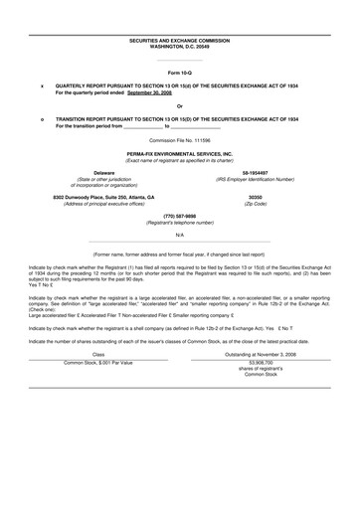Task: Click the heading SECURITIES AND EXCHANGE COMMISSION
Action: pos(180,40)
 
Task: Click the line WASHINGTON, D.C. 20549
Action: pos(180,46)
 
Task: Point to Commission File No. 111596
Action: pos(180,141)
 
